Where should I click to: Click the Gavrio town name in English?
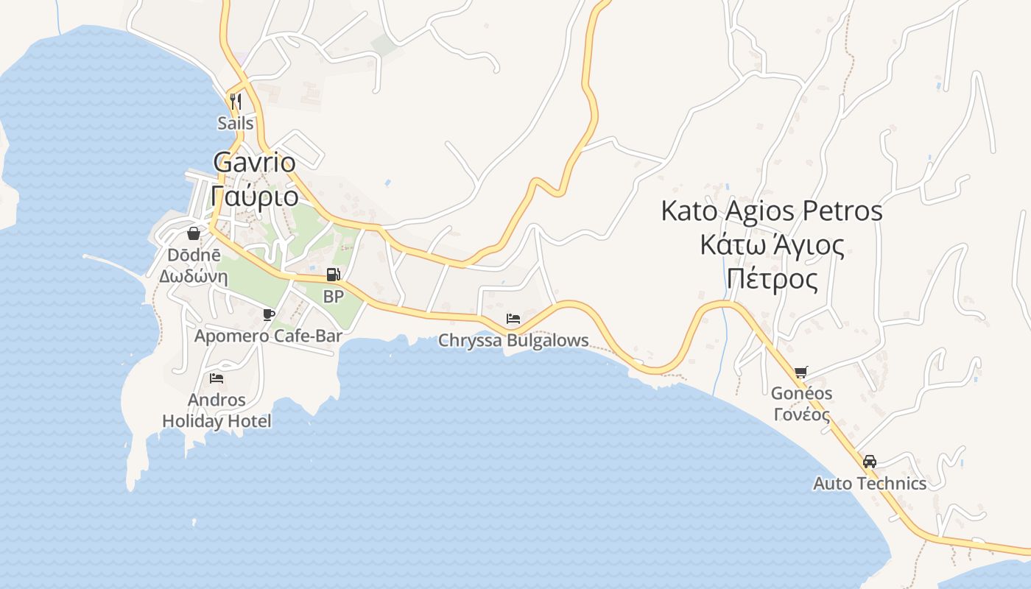tap(254, 162)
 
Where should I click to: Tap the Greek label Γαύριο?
tap(254, 197)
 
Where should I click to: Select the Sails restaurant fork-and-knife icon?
tap(236, 101)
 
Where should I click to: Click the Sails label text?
tap(236, 123)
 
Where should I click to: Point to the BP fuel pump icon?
tap(334, 275)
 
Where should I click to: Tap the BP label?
tap(334, 297)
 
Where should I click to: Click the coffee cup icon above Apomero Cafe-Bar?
tap(269, 315)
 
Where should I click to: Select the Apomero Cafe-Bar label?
tap(268, 336)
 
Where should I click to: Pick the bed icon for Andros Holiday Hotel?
tap(217, 378)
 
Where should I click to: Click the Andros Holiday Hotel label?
tap(217, 411)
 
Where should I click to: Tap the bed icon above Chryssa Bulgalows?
tap(513, 319)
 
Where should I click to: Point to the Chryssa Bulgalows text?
tap(513, 340)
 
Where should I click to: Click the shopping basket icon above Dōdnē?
tap(193, 233)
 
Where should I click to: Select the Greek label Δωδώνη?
tap(193, 277)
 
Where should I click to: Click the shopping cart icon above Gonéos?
tap(801, 373)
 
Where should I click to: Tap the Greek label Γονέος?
tap(801, 414)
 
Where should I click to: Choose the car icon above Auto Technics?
tap(870, 462)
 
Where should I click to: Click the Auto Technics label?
tap(870, 484)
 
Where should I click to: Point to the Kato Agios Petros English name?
tap(771, 211)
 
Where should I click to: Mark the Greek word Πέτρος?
tap(772, 280)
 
